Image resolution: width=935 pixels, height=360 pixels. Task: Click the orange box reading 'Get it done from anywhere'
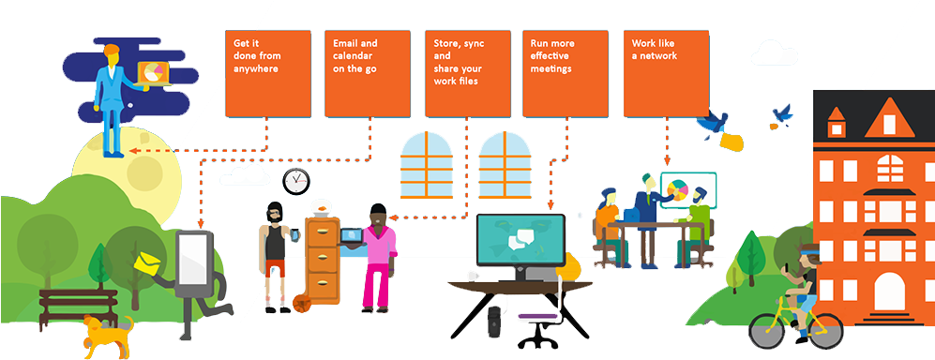(x=267, y=73)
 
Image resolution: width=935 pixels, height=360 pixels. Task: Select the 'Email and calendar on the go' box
(x=367, y=73)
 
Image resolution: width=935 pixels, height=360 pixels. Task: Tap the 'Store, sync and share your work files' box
(x=467, y=73)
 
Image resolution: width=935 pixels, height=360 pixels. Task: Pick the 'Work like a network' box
(x=667, y=73)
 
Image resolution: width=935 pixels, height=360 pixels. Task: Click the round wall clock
(x=296, y=179)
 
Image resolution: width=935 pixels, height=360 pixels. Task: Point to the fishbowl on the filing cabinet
(x=323, y=206)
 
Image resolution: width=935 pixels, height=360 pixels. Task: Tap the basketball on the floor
(x=302, y=303)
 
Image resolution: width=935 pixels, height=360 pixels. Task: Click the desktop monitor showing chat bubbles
(x=520, y=239)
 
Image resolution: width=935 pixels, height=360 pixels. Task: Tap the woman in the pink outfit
(x=378, y=253)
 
